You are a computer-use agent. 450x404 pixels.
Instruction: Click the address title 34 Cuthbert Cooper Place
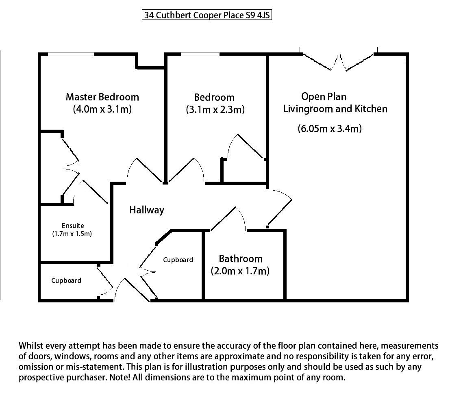(207, 15)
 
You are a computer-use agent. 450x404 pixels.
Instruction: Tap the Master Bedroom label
(102, 97)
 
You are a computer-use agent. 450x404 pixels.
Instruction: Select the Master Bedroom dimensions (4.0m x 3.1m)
(102, 109)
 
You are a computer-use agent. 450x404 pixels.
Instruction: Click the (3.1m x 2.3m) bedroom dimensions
(215, 110)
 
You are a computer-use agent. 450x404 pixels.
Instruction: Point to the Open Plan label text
(324, 97)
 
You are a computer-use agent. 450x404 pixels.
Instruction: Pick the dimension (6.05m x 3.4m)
(330, 128)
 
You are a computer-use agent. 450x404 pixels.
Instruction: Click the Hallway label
(147, 210)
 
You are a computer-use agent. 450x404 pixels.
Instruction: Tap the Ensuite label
(73, 226)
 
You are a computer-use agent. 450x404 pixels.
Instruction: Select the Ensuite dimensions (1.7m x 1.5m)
(72, 234)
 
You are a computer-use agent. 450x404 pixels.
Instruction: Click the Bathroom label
(241, 259)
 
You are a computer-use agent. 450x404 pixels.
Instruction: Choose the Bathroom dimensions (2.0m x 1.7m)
(240, 271)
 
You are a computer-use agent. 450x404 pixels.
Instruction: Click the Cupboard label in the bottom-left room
(66, 280)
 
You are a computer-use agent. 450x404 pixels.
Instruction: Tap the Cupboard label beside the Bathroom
(178, 260)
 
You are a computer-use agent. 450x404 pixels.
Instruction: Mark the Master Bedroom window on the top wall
(71, 54)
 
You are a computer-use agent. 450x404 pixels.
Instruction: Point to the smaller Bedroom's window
(200, 54)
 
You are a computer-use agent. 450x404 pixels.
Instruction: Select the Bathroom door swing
(228, 218)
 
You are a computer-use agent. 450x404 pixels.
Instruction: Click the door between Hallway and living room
(280, 206)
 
